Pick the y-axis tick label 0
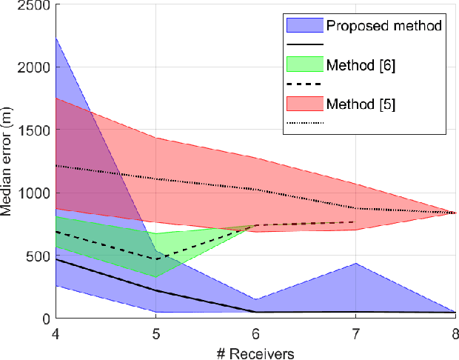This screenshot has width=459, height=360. tap(47, 319)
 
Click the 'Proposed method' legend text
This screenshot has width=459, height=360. tap(384, 26)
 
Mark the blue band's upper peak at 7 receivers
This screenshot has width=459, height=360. tap(355, 263)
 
